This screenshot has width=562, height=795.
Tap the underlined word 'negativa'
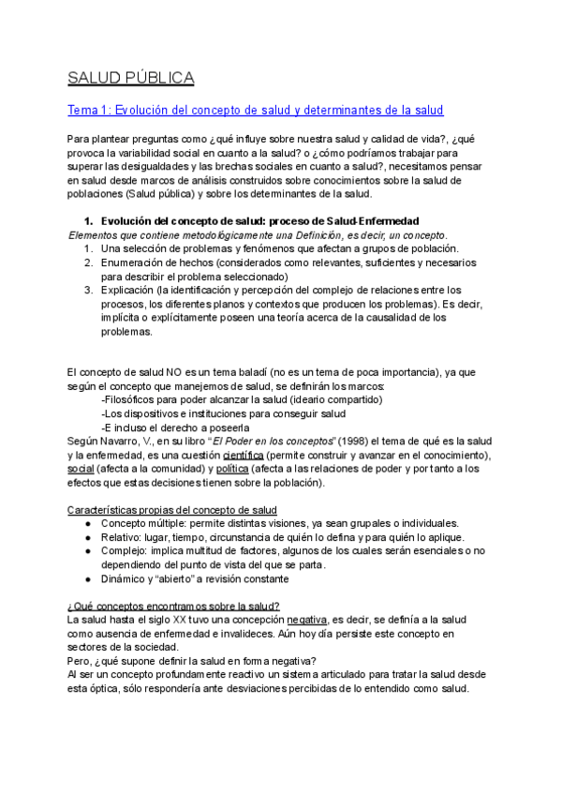coord(307,620)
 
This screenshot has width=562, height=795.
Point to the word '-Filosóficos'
coord(130,400)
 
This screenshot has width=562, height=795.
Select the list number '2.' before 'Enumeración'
coord(87,262)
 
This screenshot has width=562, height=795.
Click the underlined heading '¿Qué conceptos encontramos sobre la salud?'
coord(173,606)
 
